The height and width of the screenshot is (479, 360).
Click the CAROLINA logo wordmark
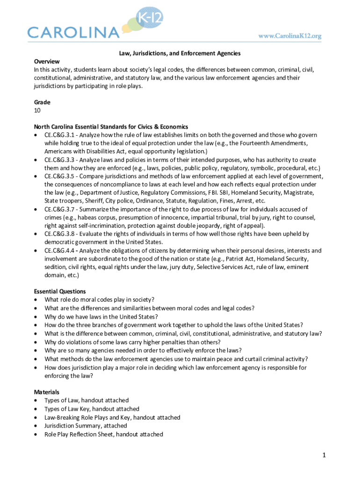73,32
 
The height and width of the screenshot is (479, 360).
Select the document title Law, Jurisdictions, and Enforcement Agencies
179,54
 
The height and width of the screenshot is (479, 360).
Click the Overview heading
47,62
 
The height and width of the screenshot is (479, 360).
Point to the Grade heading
42,102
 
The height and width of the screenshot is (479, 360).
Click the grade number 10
37,110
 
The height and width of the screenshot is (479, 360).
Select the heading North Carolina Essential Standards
111,127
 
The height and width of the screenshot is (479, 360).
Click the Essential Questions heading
59,291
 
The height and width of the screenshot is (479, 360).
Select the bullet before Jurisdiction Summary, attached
36,426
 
